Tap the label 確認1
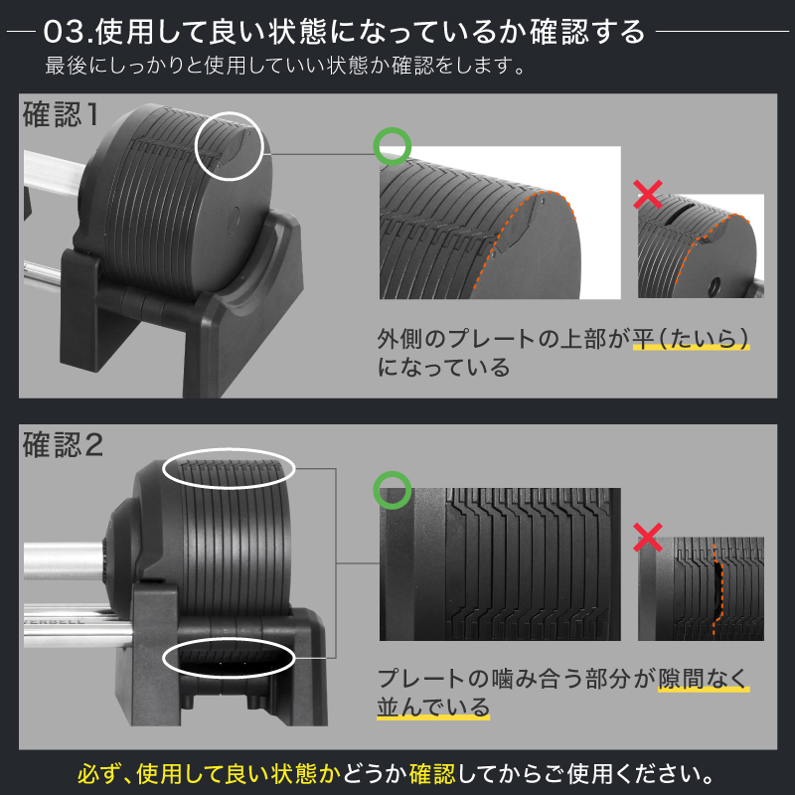point(61,114)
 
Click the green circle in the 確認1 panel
point(392,146)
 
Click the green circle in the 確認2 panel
point(392,489)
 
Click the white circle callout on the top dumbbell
point(229,145)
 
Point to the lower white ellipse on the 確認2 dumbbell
point(230,658)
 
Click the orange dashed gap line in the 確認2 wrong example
point(715,588)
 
